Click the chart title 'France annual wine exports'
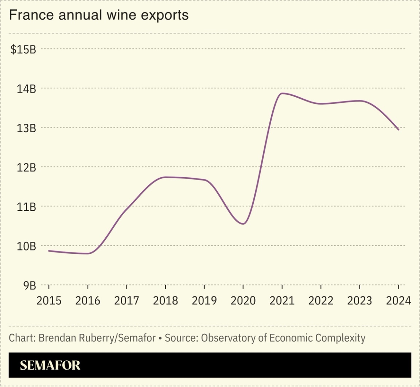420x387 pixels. tap(98, 15)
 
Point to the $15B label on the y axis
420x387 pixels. tap(23, 49)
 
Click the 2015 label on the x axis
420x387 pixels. tap(49, 301)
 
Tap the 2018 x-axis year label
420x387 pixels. tap(165, 301)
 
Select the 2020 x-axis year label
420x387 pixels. tap(243, 301)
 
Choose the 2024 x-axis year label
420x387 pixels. tap(398, 301)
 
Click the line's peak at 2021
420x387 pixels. tap(282, 94)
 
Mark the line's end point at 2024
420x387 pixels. tap(398, 130)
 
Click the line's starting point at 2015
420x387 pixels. tap(49, 251)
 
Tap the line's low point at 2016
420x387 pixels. tap(87, 253)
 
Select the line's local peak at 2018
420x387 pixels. tap(165, 177)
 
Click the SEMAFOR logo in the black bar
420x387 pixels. tap(50, 365)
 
